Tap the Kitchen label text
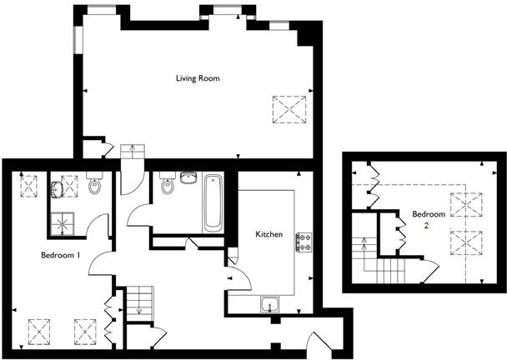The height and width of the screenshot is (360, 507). (269, 234)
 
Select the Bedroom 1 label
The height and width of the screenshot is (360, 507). (60, 256)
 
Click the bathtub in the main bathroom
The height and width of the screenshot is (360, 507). (213, 202)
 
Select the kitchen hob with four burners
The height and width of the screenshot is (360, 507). (304, 242)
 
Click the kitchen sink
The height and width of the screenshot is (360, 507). (269, 303)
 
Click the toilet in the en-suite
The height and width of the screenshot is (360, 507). (94, 185)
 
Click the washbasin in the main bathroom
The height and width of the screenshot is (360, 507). (188, 177)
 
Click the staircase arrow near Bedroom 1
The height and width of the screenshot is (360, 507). (140, 302)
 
